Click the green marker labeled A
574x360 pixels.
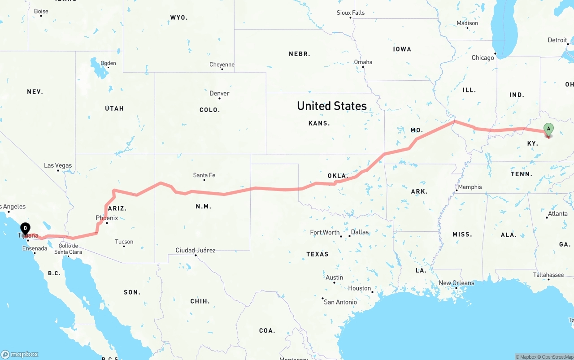click(x=548, y=129)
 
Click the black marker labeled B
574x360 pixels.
click(x=26, y=229)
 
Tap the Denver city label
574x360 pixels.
click(x=219, y=93)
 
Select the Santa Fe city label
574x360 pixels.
click(x=204, y=175)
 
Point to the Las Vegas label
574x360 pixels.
click(x=58, y=165)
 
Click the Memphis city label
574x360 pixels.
click(x=470, y=187)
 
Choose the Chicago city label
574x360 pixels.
click(x=483, y=57)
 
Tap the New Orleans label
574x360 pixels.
click(x=456, y=283)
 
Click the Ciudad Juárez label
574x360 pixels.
click(x=196, y=250)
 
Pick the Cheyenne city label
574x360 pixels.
click(x=222, y=65)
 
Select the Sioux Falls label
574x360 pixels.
click(x=351, y=13)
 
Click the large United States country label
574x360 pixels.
click(x=332, y=106)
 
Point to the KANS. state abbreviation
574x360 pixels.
click(x=319, y=123)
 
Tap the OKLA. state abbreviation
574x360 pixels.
click(x=338, y=176)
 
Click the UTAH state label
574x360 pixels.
click(x=114, y=108)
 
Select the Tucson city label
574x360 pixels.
click(x=124, y=242)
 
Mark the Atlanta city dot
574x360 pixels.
click(x=547, y=217)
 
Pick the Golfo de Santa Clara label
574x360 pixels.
click(x=68, y=249)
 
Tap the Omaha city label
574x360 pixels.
click(x=363, y=62)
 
